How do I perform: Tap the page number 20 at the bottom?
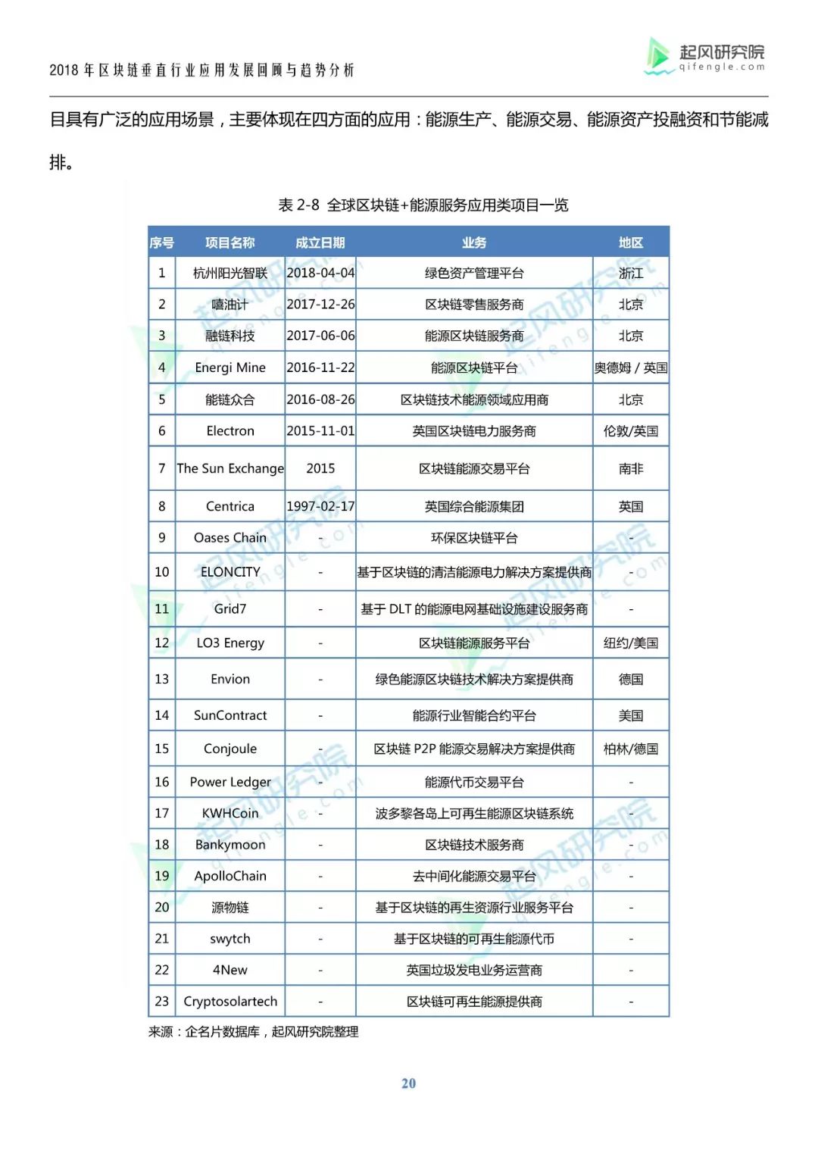coord(408,1084)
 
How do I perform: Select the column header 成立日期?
coord(320,242)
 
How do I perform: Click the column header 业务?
coord(474,242)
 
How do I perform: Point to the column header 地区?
coord(631,242)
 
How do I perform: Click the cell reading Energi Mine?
coord(230,367)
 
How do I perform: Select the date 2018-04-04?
coord(320,273)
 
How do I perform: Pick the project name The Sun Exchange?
coord(230,468)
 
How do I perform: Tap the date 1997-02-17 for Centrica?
coord(320,506)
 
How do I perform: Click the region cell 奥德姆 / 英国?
coord(631,367)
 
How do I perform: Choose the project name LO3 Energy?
coord(230,643)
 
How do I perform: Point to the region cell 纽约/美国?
coord(631,643)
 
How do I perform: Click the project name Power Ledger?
coord(230,782)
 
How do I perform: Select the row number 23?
coord(162,1001)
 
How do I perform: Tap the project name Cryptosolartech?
coord(230,1001)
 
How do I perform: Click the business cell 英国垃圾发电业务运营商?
coord(474,970)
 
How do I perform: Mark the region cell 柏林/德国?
coord(631,749)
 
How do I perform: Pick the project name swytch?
coord(230,939)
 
